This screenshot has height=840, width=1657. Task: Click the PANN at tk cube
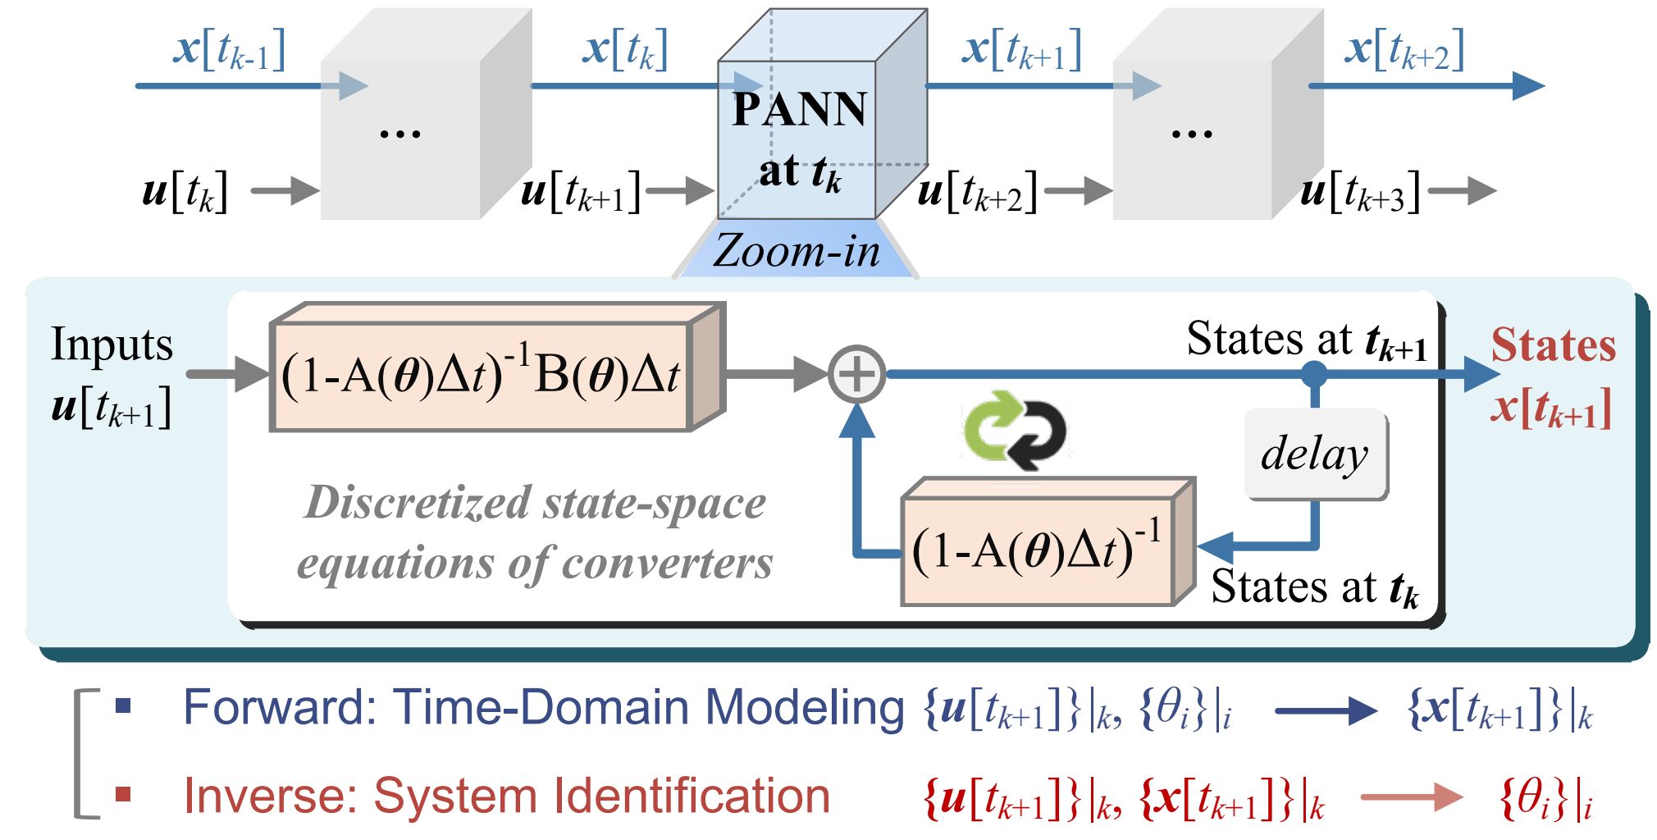coord(823,115)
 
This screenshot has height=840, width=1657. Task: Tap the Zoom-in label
coord(796,251)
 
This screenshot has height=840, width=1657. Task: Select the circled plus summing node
coord(856,374)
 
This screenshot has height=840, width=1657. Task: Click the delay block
coord(1316,454)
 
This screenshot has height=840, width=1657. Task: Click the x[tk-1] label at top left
coord(230,49)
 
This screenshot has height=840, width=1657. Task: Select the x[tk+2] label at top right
coord(1404,49)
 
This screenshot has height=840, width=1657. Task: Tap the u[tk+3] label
coord(1360,192)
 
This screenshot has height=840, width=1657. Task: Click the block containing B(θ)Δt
coord(497,367)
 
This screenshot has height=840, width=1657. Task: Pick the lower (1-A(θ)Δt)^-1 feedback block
coord(1048,542)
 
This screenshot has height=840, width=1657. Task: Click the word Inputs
coord(112,344)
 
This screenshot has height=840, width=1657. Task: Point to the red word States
coord(1554,345)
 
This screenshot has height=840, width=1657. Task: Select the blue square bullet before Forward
coord(123,705)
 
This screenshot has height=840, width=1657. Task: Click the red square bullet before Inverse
coord(123,794)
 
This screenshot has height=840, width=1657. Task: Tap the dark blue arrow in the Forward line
coord(1326,711)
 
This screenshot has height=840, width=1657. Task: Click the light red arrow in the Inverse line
coord(1412,797)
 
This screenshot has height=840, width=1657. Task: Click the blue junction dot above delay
coord(1315,374)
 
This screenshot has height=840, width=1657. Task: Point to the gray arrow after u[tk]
coord(285,191)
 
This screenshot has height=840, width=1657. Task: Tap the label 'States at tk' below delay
coord(1315,589)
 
